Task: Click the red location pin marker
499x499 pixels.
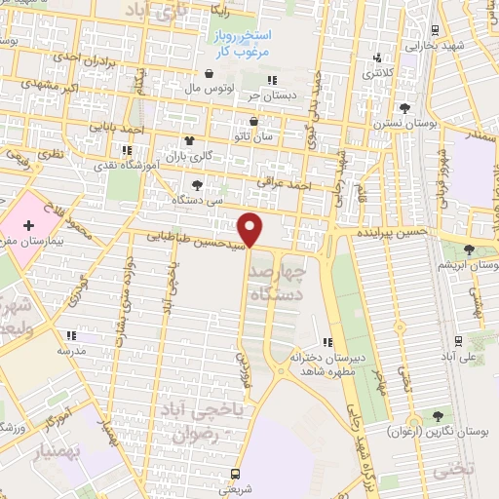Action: point(251,229)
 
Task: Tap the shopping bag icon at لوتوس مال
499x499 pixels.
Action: point(209,73)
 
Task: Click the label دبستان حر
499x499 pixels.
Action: point(272,96)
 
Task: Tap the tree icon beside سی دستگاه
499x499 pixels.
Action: point(199,184)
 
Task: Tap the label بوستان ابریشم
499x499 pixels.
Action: point(470,265)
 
